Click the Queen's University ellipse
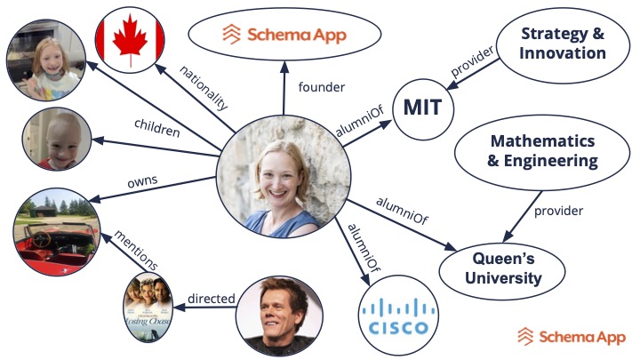tap(503, 269)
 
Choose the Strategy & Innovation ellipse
tap(563, 44)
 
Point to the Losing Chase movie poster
tap(147, 308)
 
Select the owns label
tap(142, 180)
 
